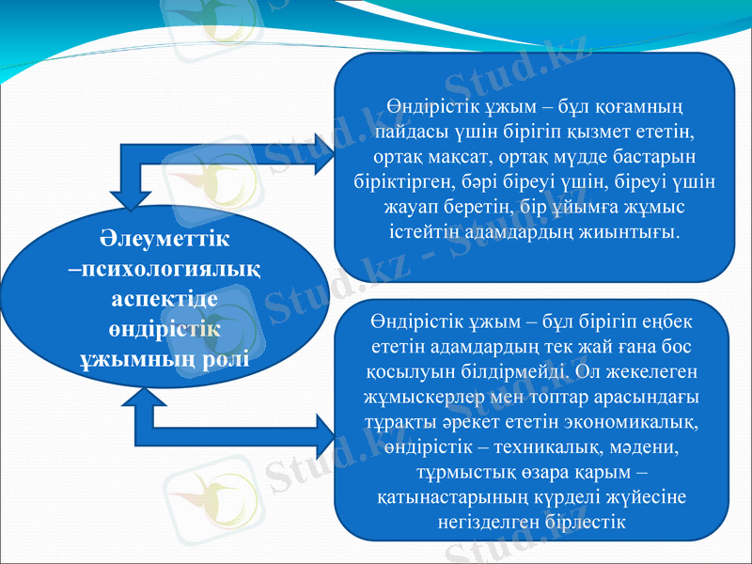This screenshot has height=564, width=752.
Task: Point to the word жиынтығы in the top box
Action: (636, 229)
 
